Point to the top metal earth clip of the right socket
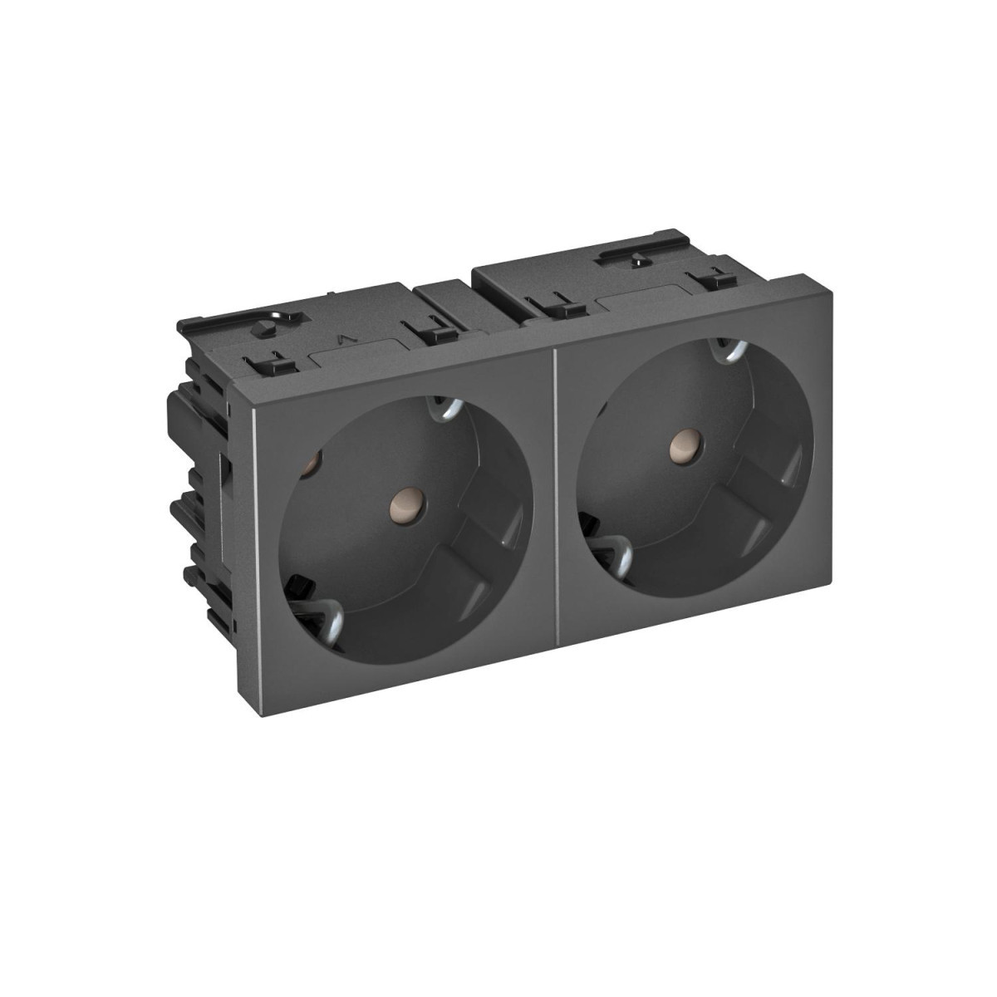pos(731,349)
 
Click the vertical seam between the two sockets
pos(554,498)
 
